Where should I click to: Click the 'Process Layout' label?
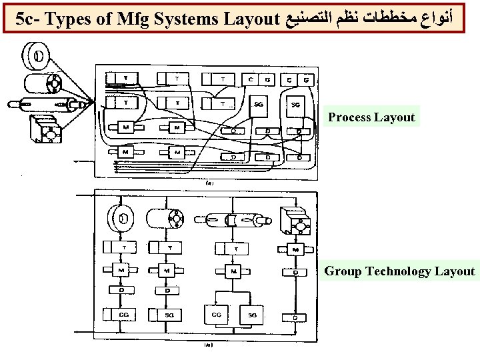(371, 117)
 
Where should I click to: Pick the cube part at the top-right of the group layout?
(296, 221)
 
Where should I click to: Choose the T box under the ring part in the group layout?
(123, 248)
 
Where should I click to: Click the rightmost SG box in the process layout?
(295, 105)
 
